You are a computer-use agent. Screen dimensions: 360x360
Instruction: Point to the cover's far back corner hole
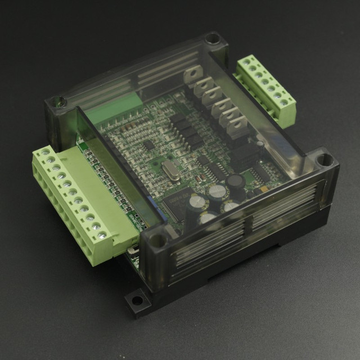(211, 39)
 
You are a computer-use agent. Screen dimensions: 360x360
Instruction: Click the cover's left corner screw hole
(56, 103)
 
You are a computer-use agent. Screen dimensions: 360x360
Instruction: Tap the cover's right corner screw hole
(324, 160)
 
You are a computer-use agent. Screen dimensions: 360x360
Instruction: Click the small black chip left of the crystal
(148, 145)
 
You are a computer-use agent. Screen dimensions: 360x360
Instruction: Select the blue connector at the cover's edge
(158, 210)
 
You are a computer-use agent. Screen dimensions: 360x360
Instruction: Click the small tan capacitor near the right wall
(260, 145)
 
